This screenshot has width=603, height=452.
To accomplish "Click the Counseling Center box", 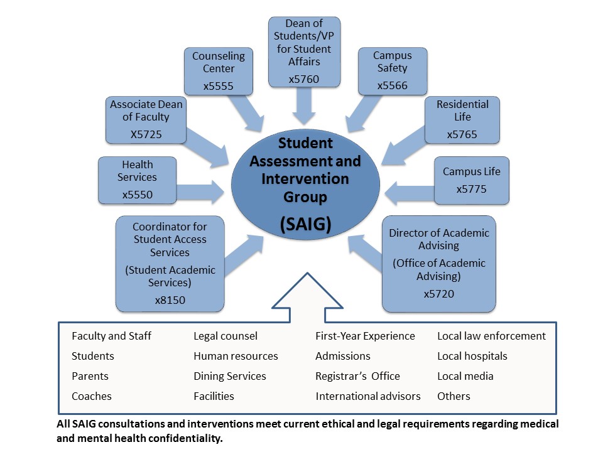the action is (219, 71).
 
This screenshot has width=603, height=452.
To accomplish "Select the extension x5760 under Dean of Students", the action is (304, 79).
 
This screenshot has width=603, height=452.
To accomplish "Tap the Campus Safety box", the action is (393, 71).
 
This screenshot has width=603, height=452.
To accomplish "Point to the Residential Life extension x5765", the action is (462, 134).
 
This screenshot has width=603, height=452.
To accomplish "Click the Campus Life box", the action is (472, 180).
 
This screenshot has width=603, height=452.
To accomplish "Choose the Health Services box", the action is (138, 180).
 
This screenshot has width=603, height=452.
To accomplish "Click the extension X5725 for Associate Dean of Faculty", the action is (146, 134).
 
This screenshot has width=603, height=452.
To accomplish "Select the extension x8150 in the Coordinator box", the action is (170, 300).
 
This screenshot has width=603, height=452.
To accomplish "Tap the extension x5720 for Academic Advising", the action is (439, 294).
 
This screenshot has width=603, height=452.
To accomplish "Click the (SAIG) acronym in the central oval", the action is (305, 224).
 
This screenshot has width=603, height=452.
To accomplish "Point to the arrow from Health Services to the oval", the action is (200, 191).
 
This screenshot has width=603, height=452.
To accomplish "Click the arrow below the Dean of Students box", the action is (304, 106).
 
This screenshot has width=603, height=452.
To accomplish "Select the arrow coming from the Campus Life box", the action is (409, 193).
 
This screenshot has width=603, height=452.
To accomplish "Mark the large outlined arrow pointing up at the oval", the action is (307, 298).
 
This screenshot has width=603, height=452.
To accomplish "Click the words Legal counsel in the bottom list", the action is (225, 336).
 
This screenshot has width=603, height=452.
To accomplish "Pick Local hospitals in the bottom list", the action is (472, 356).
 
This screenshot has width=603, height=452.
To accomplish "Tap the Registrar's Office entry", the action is (357, 376).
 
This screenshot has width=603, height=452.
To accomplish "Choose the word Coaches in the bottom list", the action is (92, 396).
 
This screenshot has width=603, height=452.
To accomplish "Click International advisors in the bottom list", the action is (368, 396).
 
